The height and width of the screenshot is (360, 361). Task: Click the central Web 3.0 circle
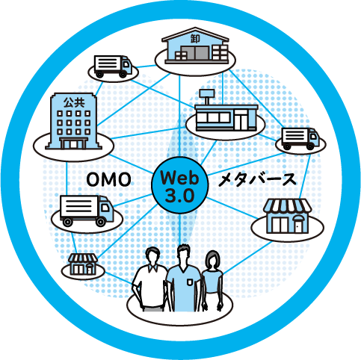tap(179, 185)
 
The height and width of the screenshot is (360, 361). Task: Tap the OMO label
tap(108, 180)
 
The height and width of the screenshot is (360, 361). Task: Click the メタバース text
tap(258, 180)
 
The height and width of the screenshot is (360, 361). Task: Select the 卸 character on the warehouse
tap(195, 38)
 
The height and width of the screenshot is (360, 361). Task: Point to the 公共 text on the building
tap(74, 102)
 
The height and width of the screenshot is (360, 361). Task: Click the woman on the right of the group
tap(212, 279)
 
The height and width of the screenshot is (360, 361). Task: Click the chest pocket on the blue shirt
tap(190, 282)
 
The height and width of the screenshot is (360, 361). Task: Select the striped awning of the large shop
tap(287, 205)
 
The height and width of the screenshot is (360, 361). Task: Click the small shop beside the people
tap(83, 264)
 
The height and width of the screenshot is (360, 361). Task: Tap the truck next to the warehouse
tap(113, 66)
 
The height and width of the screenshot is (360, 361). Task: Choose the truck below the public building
tap(87, 211)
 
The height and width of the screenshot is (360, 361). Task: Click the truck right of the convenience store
tap(300, 139)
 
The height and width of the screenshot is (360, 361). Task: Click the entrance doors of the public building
tap(73, 144)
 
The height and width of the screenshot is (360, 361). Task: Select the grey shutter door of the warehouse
tap(194, 53)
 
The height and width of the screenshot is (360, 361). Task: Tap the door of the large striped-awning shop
tap(297, 226)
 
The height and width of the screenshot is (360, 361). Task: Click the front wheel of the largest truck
tap(101, 221)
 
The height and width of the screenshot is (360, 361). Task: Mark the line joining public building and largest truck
tap(67, 178)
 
